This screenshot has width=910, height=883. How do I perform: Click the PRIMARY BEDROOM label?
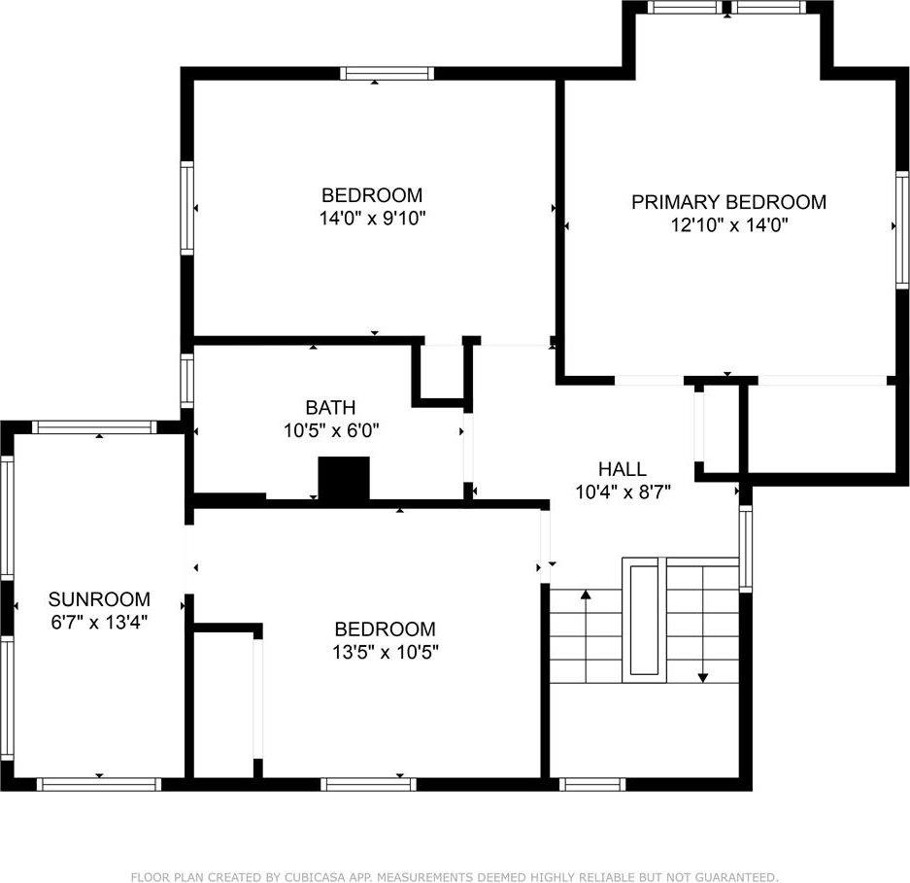728,202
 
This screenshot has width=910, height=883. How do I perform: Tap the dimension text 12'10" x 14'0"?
728,225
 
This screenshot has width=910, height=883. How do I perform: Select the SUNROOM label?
99,598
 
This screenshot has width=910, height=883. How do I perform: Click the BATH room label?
330,407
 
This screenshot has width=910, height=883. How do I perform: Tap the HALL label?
623,469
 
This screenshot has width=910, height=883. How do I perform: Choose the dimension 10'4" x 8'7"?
623,492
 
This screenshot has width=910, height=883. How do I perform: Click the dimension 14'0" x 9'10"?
373,218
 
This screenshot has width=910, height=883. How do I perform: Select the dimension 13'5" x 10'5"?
385,652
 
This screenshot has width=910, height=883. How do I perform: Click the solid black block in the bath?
345,479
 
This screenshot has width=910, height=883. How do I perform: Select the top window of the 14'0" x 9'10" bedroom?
387,73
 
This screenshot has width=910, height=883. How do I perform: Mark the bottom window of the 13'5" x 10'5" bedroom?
368,784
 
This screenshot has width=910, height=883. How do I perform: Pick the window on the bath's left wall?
186,380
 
